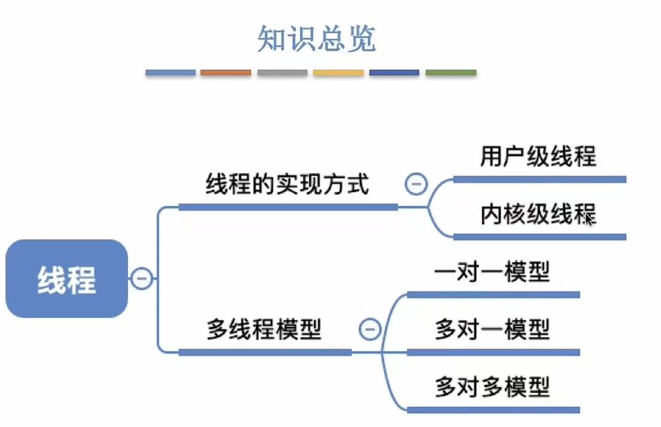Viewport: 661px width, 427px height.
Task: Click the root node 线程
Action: click(66, 279)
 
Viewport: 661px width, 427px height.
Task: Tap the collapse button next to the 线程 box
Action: click(142, 279)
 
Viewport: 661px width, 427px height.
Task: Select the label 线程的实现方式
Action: click(288, 185)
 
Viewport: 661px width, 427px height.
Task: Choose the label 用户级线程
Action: click(538, 157)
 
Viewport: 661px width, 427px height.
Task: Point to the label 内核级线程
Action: click(538, 215)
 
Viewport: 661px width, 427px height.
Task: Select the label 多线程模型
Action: click(264, 330)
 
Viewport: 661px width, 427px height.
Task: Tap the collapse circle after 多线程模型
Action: click(370, 330)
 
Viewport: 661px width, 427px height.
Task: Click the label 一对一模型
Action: click(492, 273)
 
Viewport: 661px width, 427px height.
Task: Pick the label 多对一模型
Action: click(492, 330)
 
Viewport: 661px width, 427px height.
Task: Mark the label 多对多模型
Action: click(492, 388)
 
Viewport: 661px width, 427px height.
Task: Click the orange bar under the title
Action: click(226, 73)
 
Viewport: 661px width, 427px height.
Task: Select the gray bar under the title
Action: click(282, 73)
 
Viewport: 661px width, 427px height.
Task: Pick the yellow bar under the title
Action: click(339, 73)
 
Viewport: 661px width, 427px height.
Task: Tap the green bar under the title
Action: click(451, 73)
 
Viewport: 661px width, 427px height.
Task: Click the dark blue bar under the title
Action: click(394, 73)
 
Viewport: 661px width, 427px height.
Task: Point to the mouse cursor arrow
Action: click(589, 219)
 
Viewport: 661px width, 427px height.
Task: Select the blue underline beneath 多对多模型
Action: click(494, 410)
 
